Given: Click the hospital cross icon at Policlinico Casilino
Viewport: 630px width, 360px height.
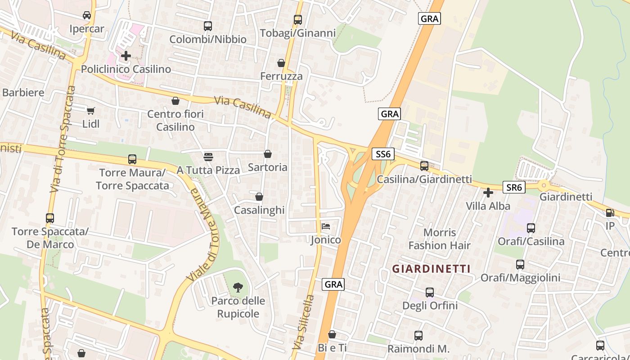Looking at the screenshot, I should click(x=126, y=56).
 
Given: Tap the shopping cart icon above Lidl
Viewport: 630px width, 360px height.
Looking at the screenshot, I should click(x=91, y=110).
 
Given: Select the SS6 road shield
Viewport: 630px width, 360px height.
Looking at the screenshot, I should click(x=383, y=154).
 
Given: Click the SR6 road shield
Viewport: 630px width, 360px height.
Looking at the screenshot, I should click(x=514, y=187).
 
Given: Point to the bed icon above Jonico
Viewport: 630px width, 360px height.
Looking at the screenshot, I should click(x=326, y=226).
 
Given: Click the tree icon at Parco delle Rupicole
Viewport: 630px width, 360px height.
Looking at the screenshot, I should click(x=238, y=287).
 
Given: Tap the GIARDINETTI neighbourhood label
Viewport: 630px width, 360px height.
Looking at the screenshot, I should click(x=431, y=269).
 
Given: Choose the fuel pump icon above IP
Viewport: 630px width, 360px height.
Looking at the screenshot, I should click(x=610, y=213).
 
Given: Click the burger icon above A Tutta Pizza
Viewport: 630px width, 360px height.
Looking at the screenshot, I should click(x=208, y=157).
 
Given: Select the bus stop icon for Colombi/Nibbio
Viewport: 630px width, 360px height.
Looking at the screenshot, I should click(x=207, y=26).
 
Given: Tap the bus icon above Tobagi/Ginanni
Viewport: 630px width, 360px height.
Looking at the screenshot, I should click(x=297, y=20).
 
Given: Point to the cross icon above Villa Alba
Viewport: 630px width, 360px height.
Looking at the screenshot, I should click(x=488, y=193).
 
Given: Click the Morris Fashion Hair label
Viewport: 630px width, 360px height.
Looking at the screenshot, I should click(x=439, y=239).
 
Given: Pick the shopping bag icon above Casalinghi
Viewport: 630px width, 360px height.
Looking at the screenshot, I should click(x=259, y=197).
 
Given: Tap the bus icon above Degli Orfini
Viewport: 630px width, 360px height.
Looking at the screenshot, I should click(x=430, y=292).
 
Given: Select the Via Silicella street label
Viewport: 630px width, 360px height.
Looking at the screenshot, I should click(x=303, y=322).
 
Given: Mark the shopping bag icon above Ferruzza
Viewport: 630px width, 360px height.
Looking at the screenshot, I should click(x=281, y=63).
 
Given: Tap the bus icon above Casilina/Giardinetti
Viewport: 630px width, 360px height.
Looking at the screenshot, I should click(x=424, y=166).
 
